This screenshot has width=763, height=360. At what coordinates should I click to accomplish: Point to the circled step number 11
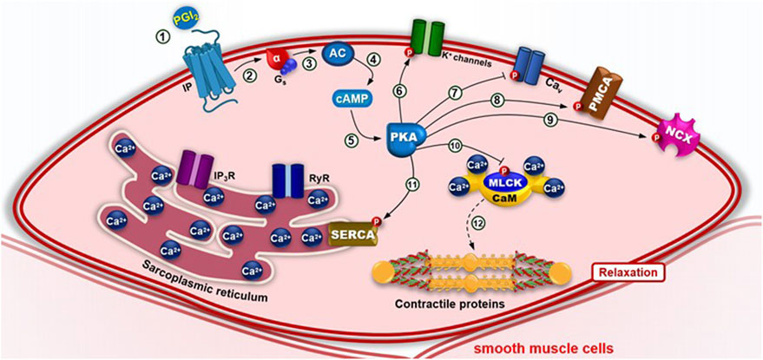[413, 184]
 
